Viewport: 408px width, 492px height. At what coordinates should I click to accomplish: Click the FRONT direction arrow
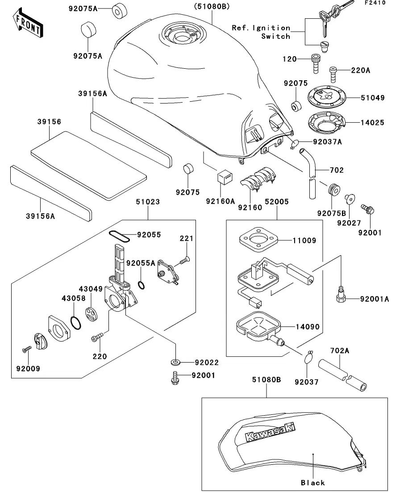click(28, 25)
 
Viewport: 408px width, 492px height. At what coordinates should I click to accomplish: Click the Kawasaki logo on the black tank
click(270, 432)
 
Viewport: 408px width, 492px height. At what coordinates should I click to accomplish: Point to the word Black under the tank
click(313, 482)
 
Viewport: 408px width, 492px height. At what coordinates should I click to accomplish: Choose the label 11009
click(305, 240)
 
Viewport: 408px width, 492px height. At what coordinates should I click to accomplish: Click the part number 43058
click(74, 298)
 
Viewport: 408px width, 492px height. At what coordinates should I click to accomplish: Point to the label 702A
click(340, 351)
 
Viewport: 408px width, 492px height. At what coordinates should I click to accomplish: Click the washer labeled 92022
click(175, 361)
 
